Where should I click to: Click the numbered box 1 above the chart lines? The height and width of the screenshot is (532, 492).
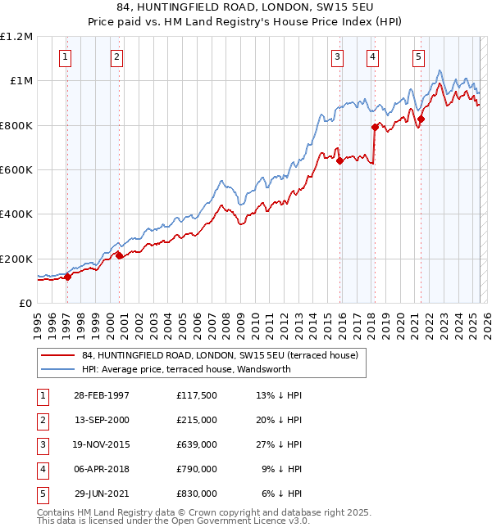coord(65,56)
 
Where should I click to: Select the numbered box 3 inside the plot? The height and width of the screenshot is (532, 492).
coord(337,56)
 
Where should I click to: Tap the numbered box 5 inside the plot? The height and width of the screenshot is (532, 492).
coord(418,56)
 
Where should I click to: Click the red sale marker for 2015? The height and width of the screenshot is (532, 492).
coord(339,161)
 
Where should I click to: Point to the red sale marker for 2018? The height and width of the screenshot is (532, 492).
coord(374,127)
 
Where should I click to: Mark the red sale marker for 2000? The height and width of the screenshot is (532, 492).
coord(119,255)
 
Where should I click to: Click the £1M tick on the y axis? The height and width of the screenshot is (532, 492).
coord(20,81)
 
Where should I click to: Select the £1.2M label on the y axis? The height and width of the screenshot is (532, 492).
coord(16,37)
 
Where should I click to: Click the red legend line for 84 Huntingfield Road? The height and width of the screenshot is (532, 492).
coord(57,356)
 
